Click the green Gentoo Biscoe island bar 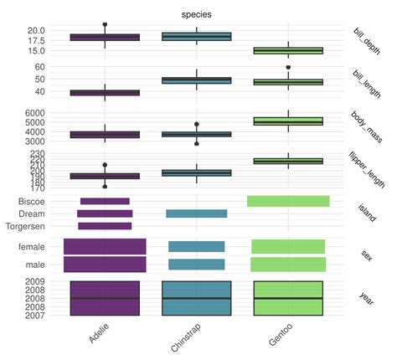pyautogui.click(x=288, y=201)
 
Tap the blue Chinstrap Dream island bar pyautogui.click(x=196, y=213)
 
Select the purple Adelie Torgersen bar pyautogui.click(x=105, y=226)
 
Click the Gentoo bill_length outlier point pyautogui.click(x=288, y=67)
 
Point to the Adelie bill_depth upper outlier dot pyautogui.click(x=105, y=25)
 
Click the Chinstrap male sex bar pyautogui.click(x=196, y=265)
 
